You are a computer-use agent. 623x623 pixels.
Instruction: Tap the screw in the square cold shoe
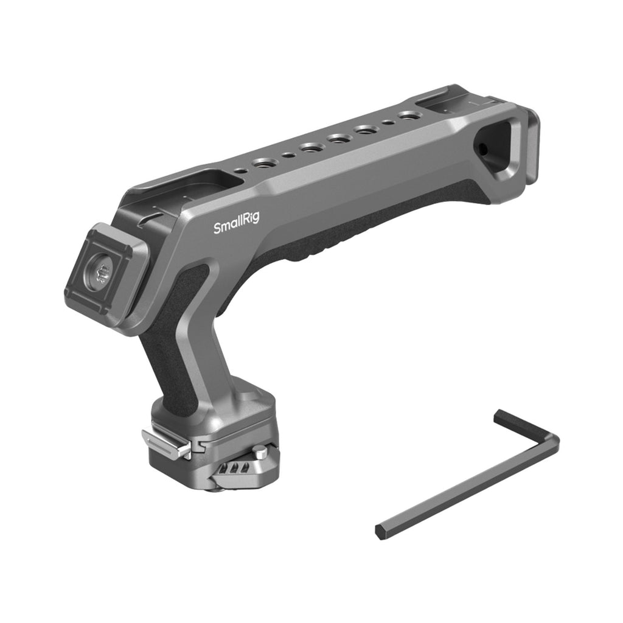[100, 274]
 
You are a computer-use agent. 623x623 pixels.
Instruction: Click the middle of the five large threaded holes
[338, 139]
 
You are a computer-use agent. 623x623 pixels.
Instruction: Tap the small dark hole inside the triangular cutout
[483, 150]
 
